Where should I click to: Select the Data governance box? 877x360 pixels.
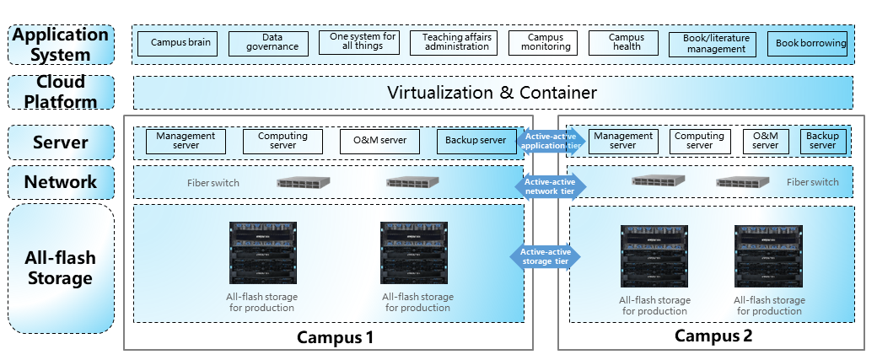point(268,43)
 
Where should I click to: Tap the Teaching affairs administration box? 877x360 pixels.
point(457,42)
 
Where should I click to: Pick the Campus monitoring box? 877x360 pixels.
point(542,42)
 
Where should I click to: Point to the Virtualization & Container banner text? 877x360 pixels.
point(492,92)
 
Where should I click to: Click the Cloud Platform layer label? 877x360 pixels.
point(61,92)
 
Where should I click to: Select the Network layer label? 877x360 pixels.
point(61,182)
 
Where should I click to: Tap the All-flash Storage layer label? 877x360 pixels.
point(61,268)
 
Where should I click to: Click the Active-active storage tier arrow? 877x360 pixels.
point(546,256)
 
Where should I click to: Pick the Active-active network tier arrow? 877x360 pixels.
point(551,186)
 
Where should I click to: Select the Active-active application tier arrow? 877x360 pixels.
point(551,141)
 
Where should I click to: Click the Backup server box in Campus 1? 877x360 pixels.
point(476,141)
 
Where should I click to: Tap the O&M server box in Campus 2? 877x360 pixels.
point(765,141)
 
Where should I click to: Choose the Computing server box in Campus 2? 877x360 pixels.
point(700,141)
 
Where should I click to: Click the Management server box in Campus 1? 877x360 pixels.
point(186,141)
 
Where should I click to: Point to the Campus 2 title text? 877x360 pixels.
point(713,336)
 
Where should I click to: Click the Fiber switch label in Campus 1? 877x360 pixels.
point(213,183)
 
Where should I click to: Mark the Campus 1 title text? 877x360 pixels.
point(335,337)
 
